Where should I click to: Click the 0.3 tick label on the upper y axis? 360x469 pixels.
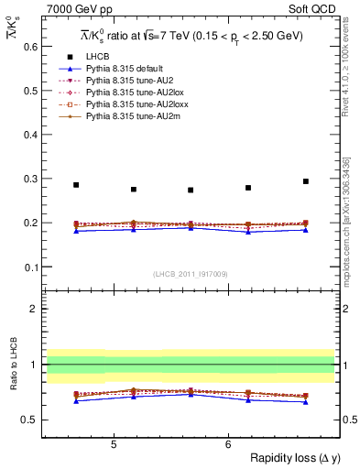click(x=31, y=178)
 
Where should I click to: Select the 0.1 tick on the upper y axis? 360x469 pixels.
click(x=31, y=267)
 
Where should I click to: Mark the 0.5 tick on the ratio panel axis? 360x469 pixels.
click(x=31, y=420)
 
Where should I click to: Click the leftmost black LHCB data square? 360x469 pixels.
click(x=76, y=185)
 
